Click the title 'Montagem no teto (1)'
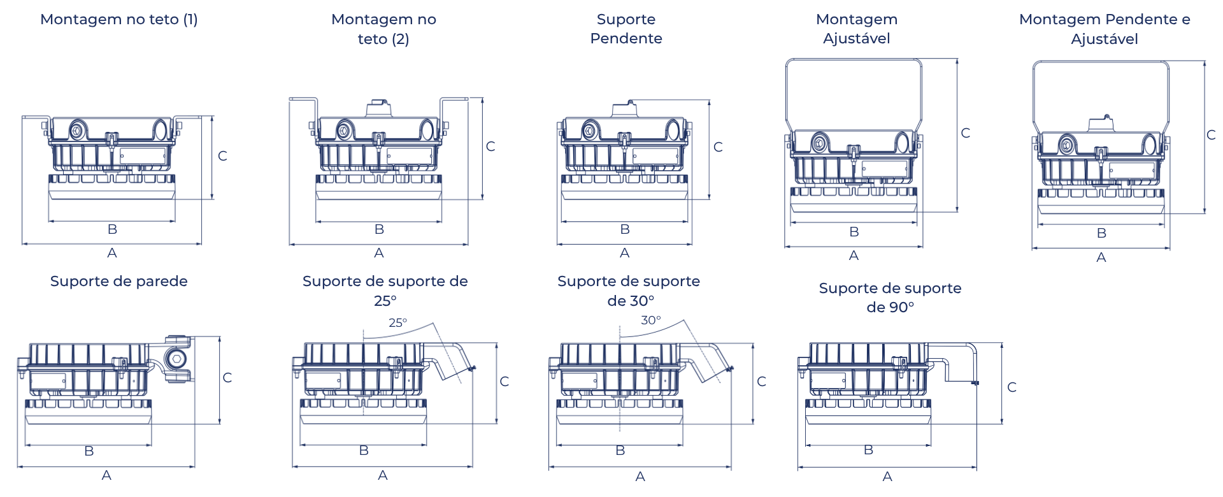(x=119, y=20)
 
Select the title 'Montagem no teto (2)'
(x=383, y=29)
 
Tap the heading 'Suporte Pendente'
(x=626, y=29)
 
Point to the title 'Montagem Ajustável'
(x=856, y=29)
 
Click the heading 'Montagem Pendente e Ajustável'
(x=1105, y=29)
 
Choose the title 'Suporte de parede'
(x=118, y=282)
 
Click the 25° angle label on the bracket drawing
(x=398, y=322)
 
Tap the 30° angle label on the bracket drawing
(x=650, y=320)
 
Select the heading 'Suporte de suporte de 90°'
(x=890, y=298)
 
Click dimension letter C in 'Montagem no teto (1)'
(x=223, y=156)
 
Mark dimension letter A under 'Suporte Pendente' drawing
(x=625, y=254)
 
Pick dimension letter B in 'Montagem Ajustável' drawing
(x=854, y=232)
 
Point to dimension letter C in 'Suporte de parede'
(x=227, y=378)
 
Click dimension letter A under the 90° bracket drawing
(x=887, y=477)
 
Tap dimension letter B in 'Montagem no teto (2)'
(x=379, y=229)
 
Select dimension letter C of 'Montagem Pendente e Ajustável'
(x=1212, y=135)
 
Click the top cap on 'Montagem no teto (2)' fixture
(x=380, y=107)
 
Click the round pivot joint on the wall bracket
(x=176, y=359)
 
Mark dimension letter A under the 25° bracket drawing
(x=382, y=475)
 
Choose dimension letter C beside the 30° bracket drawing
(x=762, y=382)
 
